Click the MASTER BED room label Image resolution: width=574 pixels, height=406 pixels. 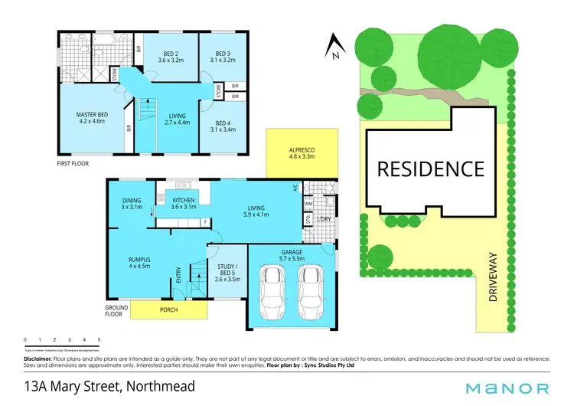tap(90, 115)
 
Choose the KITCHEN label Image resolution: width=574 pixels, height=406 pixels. tap(184, 201)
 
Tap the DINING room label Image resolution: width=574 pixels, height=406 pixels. tap(132, 201)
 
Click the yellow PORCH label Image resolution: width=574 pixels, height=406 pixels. tap(170, 310)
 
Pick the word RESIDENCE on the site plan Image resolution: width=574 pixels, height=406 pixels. tap(429, 169)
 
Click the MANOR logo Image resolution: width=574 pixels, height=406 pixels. tap(514, 388)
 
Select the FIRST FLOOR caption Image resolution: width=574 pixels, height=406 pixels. tap(75, 164)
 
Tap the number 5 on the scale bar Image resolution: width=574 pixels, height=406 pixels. tap(99, 339)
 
